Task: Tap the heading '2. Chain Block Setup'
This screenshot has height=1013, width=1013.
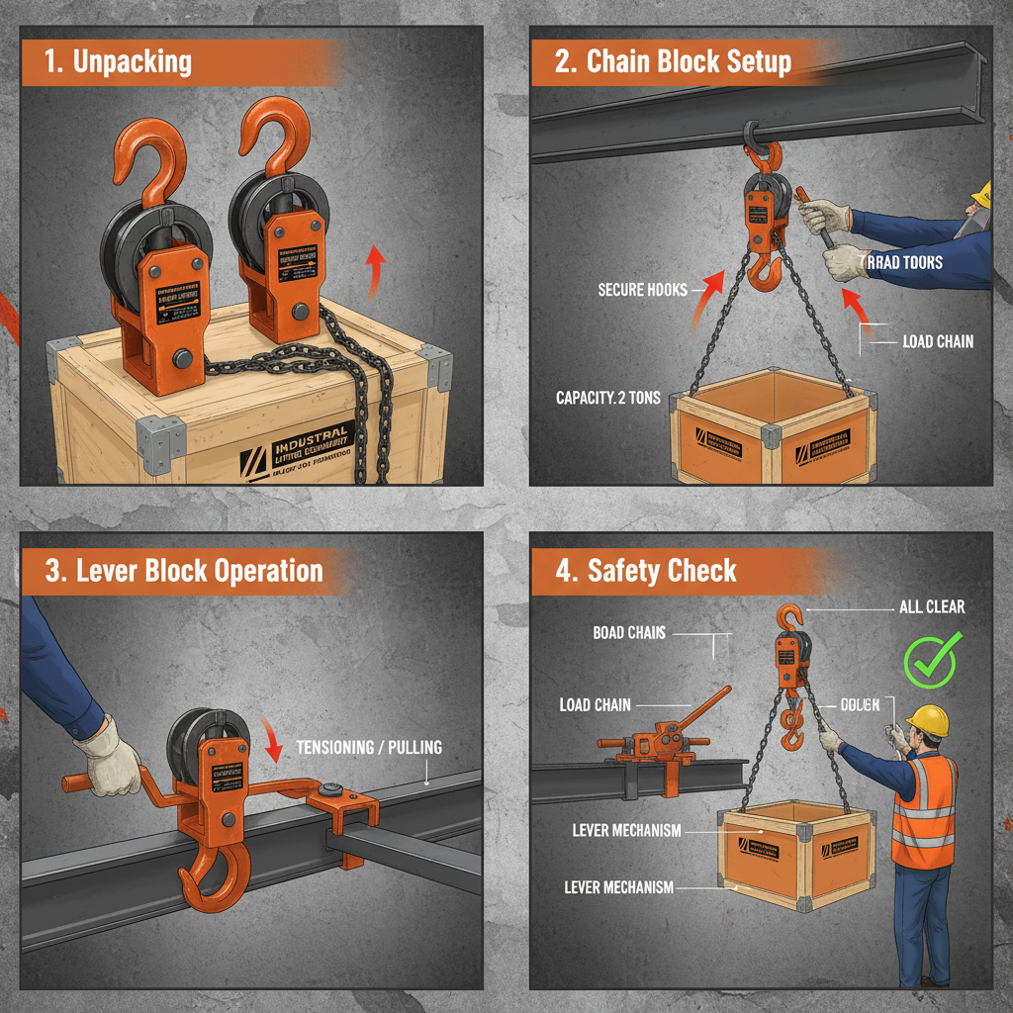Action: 674,61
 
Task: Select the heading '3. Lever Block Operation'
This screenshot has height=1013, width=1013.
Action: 184,571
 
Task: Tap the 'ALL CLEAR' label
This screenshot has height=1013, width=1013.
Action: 931,606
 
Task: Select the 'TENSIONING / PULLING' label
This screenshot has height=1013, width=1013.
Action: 369,748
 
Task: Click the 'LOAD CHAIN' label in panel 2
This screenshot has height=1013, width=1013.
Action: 937,341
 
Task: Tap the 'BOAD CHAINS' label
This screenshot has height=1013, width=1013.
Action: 629,632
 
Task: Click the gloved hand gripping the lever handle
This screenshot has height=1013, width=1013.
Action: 108,757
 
